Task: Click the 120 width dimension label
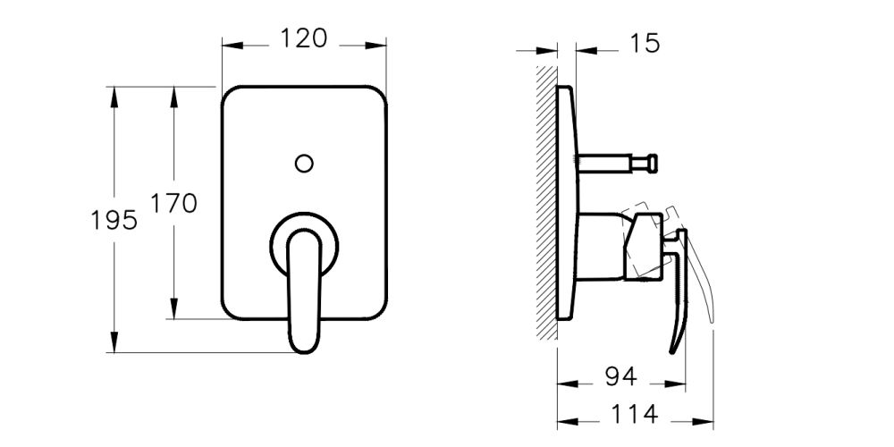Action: coord(304,38)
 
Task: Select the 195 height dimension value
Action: coord(114,219)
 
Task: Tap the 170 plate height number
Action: coord(173,203)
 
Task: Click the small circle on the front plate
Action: coord(304,163)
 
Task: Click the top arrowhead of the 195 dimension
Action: coord(114,95)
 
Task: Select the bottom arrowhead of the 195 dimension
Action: coord(114,343)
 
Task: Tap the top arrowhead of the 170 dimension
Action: coord(173,95)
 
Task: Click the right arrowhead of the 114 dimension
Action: coord(705,417)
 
